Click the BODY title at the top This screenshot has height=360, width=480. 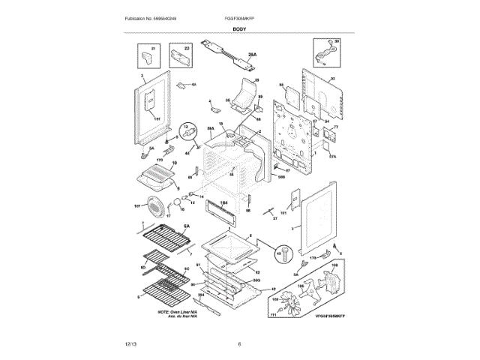(x=239, y=28)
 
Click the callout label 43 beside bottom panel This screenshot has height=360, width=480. (x=273, y=288)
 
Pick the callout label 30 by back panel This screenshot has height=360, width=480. (x=332, y=79)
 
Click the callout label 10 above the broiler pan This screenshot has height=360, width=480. (x=175, y=163)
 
